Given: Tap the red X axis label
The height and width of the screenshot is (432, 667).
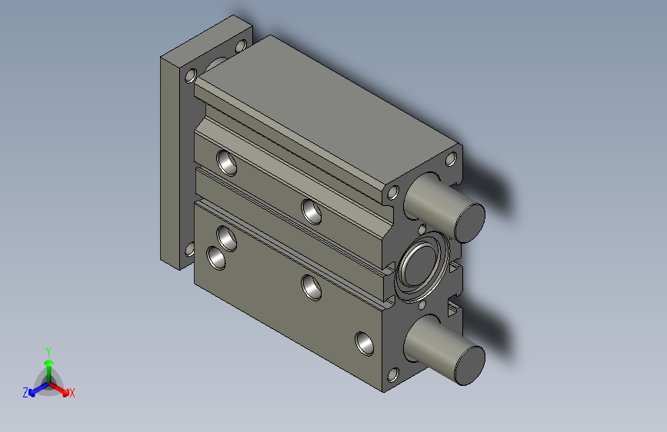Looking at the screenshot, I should pos(72,393).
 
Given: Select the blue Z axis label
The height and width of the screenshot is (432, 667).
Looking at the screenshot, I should pos(25,392).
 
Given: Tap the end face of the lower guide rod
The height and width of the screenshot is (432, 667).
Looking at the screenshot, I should pos(469,364).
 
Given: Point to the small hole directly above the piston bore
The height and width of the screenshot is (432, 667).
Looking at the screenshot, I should pos(422,228).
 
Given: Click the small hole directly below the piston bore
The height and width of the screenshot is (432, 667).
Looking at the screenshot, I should pos(422,306).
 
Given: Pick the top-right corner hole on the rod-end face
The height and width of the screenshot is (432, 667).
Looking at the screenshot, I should pos(452,160).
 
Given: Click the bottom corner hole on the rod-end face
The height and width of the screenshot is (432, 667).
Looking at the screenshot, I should pos(393,374).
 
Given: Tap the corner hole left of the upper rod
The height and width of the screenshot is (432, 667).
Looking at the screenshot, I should pos(393,192).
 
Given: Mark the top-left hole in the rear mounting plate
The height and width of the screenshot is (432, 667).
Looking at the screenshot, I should pos(190,75).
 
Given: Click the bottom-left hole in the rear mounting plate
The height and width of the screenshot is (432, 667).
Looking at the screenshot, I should pos(189,249).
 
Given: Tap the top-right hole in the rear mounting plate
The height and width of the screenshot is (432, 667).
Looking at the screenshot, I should pos(241,47).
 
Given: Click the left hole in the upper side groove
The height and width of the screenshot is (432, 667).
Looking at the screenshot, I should pos(227,162).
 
